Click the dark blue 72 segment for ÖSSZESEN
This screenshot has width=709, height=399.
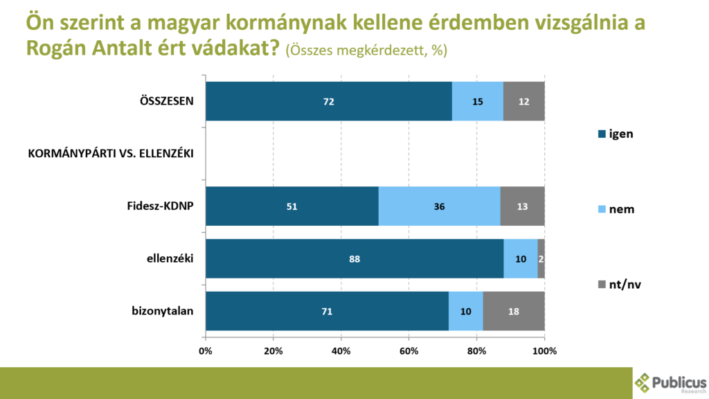[x=329, y=101]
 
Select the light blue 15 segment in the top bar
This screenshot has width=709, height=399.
[x=478, y=101]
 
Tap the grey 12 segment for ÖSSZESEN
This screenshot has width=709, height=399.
[x=524, y=101]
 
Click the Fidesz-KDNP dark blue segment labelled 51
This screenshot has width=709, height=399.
[x=292, y=206]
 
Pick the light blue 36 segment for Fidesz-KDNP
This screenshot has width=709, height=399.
[x=440, y=206]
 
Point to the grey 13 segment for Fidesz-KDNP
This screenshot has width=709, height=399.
[x=523, y=206]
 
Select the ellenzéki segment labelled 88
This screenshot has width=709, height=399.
[x=354, y=259]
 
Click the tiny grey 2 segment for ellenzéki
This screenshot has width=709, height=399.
[x=541, y=259]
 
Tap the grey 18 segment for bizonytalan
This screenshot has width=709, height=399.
[x=514, y=311]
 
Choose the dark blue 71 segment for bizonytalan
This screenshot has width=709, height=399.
[x=327, y=311]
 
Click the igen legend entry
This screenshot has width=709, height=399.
[x=616, y=134]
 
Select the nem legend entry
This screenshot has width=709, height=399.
[x=616, y=209]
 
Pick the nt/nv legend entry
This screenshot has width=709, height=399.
[x=620, y=285]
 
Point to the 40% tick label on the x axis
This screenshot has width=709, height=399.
[x=341, y=351]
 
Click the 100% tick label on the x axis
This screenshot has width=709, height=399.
[x=544, y=351]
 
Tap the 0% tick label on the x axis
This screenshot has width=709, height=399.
[x=206, y=351]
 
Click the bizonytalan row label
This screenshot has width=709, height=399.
[x=163, y=311]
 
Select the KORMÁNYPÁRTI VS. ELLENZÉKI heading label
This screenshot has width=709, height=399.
[x=111, y=154]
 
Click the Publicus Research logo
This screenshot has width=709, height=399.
[x=670, y=383]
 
